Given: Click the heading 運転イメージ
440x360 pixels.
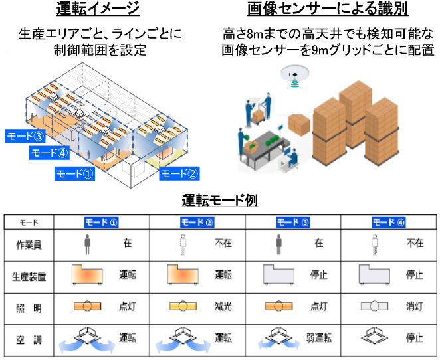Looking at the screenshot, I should pyautogui.click(x=98, y=9).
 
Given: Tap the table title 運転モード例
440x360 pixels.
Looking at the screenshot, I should pyautogui.click(x=220, y=199).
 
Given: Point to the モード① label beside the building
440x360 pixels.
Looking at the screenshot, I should pyautogui.click(x=75, y=174).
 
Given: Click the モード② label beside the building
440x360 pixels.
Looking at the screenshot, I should pyautogui.click(x=180, y=174).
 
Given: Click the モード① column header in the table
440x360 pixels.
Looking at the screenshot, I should pyautogui.click(x=102, y=222).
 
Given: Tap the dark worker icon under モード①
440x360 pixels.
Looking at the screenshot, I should pyautogui.click(x=86, y=244).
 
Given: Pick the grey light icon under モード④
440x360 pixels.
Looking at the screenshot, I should pyautogui.click(x=374, y=307).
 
